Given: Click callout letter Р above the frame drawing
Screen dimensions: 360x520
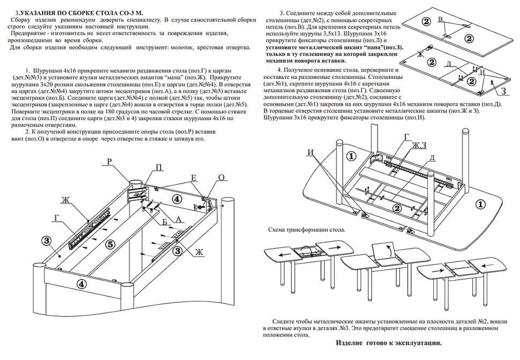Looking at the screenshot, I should (109, 160).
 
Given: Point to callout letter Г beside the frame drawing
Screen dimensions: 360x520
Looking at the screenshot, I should (57, 217).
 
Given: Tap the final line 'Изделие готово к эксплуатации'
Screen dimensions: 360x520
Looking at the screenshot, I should (389, 342).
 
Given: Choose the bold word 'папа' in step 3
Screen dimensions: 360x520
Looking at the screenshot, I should (373, 47).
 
